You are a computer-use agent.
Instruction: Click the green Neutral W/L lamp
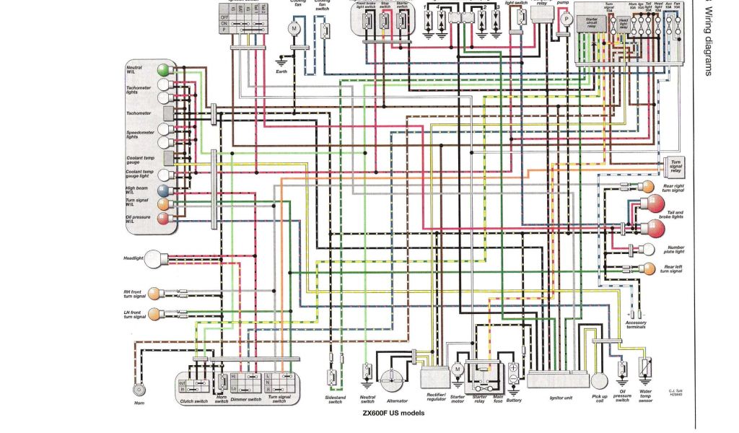coord(164,69)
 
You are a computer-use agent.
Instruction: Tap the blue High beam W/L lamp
coord(164,191)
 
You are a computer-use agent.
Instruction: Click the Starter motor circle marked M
coord(457,369)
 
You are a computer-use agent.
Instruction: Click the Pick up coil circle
coord(600,381)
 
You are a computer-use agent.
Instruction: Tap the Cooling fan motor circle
coord(294,28)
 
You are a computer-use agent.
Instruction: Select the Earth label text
coord(281,71)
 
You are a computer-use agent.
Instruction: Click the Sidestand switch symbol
coord(333,377)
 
